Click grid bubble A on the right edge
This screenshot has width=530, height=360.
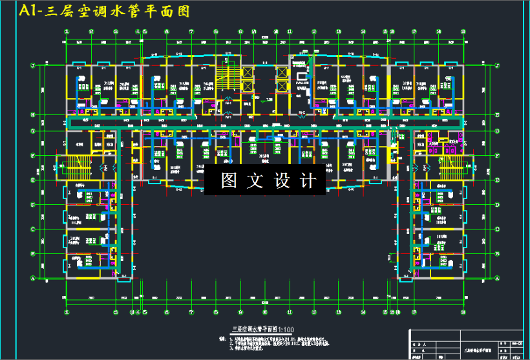tap(496, 277)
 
